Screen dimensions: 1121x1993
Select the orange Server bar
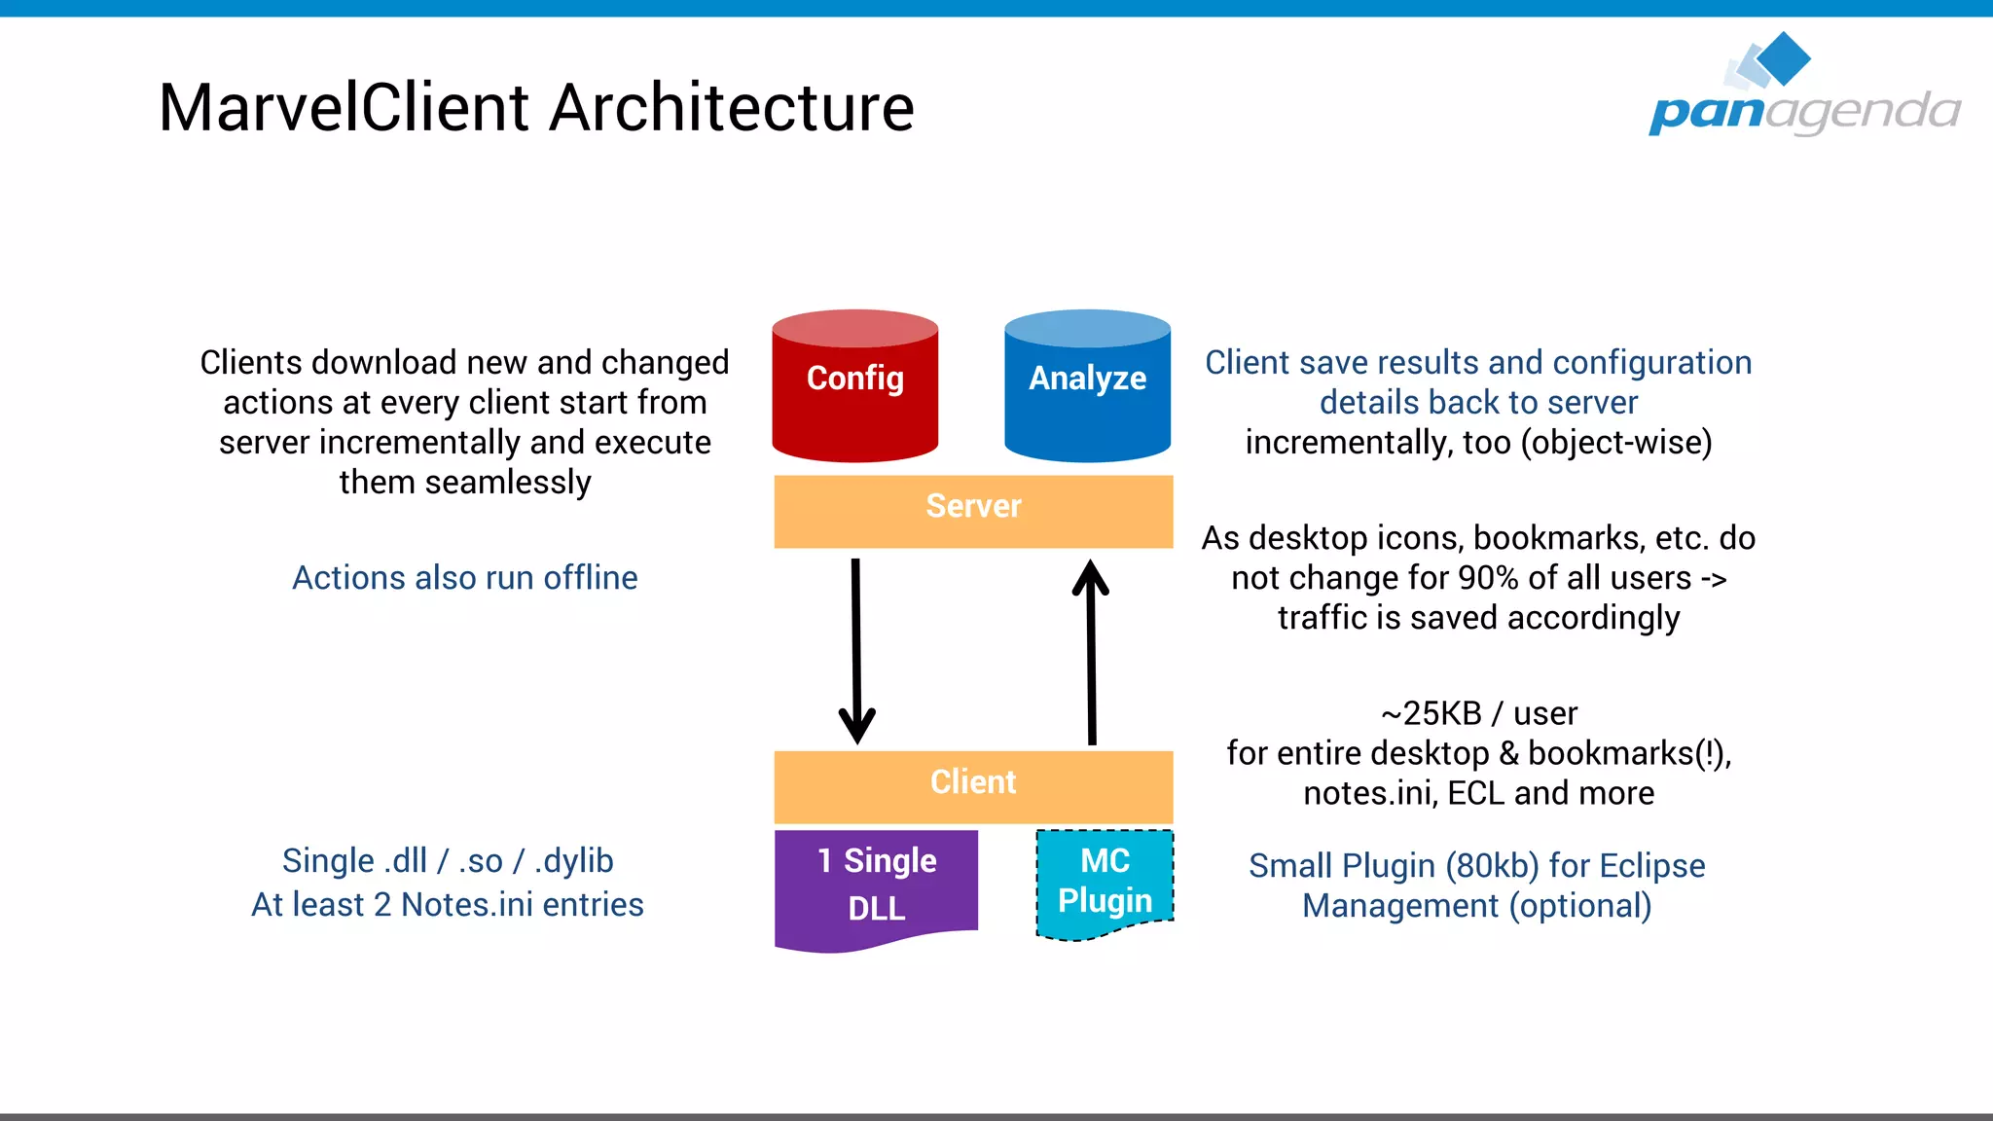pyautogui.click(x=973, y=510)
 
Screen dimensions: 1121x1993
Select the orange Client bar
pyautogui.click(x=973, y=785)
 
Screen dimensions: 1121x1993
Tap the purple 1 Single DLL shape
pyautogui.click(x=876, y=886)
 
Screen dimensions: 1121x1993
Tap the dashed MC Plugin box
pyautogui.click(x=1105, y=882)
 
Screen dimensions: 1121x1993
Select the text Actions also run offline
pyautogui.click(x=464, y=578)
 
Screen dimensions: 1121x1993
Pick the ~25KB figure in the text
pyautogui.click(x=1431, y=713)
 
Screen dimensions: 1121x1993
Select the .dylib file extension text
pyautogui.click(x=574, y=861)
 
